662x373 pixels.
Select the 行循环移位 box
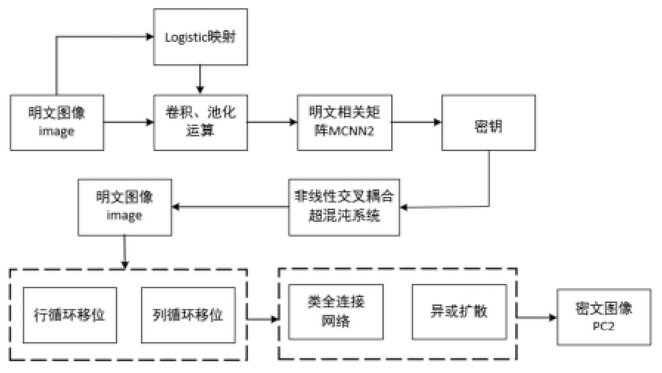click(70, 314)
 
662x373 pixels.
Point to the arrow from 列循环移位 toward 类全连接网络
click(263, 319)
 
